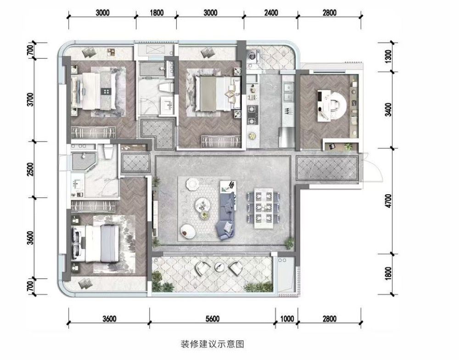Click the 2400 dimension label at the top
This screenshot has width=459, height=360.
point(271,13)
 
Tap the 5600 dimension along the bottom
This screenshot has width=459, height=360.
point(212,318)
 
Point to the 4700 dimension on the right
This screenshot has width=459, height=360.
point(388,201)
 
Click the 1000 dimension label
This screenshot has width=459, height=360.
point(287,318)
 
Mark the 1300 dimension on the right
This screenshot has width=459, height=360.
point(388,57)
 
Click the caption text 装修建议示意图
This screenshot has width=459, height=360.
point(212,343)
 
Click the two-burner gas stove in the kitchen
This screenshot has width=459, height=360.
point(252,115)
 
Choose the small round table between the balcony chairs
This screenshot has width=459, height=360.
point(219,267)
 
